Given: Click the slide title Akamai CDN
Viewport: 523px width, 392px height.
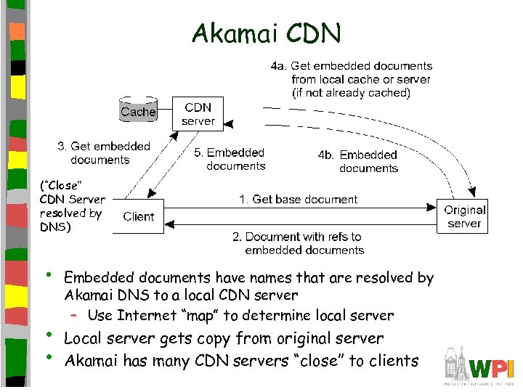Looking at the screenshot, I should click(265, 33).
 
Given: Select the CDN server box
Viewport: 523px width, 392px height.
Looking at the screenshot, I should click(198, 114).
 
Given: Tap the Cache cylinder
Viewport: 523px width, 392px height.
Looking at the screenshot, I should click(138, 110).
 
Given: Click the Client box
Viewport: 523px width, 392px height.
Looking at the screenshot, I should click(138, 216).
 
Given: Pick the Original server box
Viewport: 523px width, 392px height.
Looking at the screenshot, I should click(464, 216).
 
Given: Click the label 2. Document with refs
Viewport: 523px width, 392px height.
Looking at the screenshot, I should click(304, 243).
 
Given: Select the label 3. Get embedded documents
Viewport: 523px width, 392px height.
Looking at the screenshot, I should click(103, 153).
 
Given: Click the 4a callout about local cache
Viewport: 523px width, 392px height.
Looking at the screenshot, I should click(352, 79).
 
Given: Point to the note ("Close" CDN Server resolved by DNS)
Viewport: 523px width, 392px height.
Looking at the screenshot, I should click(72, 206).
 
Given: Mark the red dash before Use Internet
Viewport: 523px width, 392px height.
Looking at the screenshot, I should click(74, 315).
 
